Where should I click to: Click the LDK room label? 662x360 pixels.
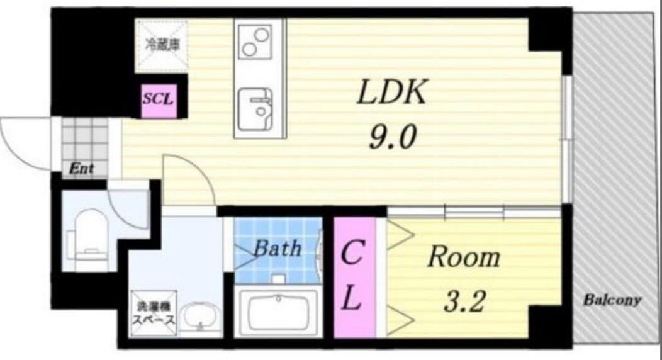coord(392,94)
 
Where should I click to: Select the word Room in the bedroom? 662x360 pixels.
coord(464,257)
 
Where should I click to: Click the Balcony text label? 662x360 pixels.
coord(612,300)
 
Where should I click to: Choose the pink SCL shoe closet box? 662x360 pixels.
coord(158,99)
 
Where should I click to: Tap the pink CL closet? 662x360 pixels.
coord(353,277)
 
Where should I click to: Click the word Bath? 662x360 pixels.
coord(277,249)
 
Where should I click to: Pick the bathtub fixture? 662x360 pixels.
coord(276,312)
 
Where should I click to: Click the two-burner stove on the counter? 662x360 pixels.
coord(255,40)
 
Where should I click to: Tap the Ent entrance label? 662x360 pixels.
coord(81,169)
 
